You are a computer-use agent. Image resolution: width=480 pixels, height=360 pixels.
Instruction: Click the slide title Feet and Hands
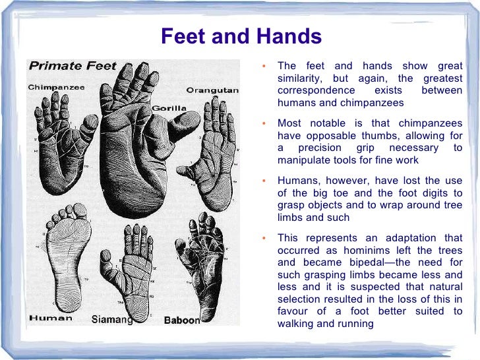coord(241,36)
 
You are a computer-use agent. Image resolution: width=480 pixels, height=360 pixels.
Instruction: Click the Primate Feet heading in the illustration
coord(73,66)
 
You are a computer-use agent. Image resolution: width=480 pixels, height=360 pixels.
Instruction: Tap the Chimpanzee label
coord(56,87)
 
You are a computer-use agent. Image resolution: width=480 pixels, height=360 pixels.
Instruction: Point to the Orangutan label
coord(212,90)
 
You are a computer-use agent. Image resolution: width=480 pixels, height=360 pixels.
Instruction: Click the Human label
coord(51,318)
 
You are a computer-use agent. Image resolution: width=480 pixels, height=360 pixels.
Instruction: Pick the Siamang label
coord(111,320)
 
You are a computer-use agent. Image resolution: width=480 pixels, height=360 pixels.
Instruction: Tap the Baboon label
coord(181,320)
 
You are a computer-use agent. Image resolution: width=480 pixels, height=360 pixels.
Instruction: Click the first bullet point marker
coord(264,67)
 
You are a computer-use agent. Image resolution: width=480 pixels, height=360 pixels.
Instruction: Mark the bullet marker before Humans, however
coord(264,180)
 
